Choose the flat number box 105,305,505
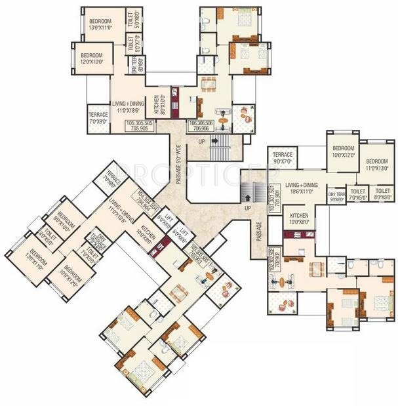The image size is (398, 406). [x=139, y=126]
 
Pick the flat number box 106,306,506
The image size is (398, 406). [x=201, y=126]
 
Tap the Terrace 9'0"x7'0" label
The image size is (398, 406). [x=286, y=158]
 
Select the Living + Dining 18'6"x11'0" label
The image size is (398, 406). [x=304, y=188]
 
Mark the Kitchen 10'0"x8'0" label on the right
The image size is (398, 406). [x=299, y=218]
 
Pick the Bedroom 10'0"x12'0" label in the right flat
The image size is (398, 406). [x=342, y=152]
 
